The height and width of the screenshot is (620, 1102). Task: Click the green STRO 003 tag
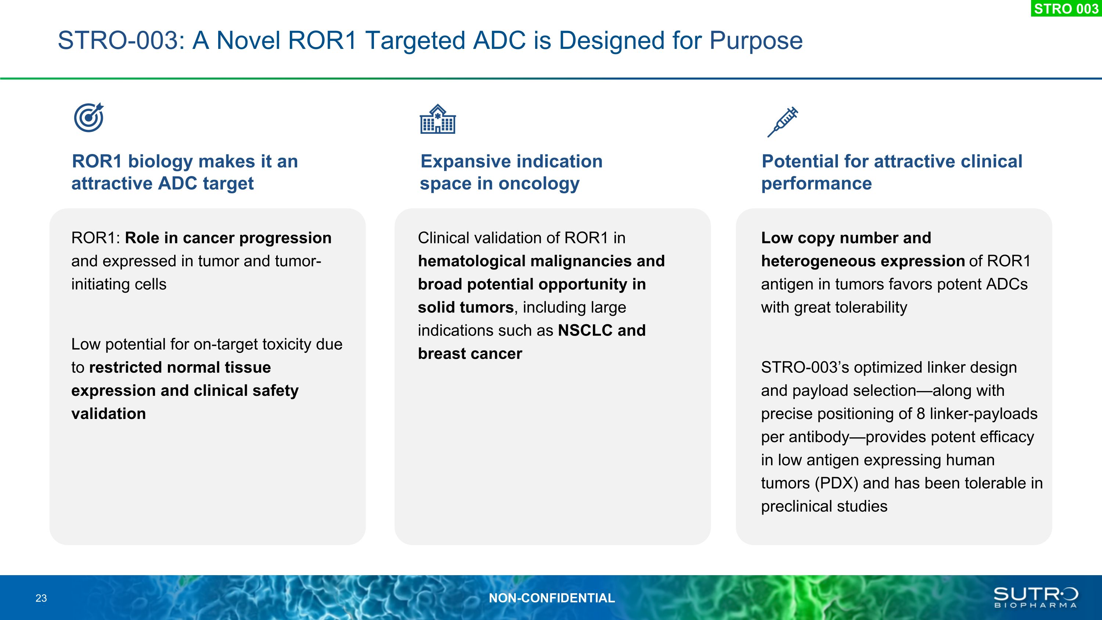click(x=1066, y=8)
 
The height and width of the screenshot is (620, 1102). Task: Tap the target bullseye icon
click(x=89, y=117)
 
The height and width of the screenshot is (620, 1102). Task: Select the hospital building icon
click(x=437, y=119)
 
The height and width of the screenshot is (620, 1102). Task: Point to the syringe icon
click(x=782, y=122)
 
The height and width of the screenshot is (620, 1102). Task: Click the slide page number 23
click(x=41, y=598)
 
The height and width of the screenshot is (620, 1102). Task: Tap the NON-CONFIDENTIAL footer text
click(x=552, y=598)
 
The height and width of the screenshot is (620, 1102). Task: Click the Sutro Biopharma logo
click(x=1036, y=597)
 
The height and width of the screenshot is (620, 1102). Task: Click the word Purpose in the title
click(x=756, y=41)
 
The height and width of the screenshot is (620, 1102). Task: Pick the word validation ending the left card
click(x=109, y=414)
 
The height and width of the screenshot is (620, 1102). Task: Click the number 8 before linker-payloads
click(x=921, y=414)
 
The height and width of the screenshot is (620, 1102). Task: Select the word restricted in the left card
click(x=122, y=368)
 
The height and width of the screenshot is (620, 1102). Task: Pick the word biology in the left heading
click(x=161, y=162)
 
